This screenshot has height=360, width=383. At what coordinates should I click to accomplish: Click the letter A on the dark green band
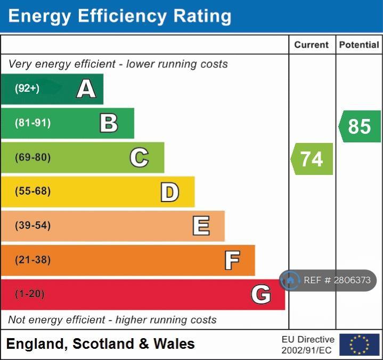[x=86, y=89]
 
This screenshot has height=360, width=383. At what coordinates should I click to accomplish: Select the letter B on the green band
[x=109, y=123]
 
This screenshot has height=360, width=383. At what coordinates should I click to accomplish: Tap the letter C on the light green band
[x=139, y=157]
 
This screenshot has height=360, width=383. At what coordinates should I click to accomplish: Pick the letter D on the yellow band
[x=169, y=192]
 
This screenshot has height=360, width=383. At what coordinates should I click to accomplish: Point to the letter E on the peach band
[x=201, y=226]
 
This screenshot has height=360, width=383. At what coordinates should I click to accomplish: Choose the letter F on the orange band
[x=232, y=260]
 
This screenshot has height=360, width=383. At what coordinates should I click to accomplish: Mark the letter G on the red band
[x=261, y=294]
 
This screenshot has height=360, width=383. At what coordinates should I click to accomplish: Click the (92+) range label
[x=27, y=89]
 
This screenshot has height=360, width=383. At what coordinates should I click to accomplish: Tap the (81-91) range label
[x=32, y=123]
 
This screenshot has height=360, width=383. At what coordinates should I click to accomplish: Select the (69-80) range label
[x=32, y=157]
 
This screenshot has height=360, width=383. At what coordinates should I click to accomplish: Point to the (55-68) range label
[x=32, y=191]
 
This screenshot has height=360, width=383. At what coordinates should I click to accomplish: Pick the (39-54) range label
[x=32, y=226]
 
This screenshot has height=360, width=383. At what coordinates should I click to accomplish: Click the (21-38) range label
[x=32, y=260]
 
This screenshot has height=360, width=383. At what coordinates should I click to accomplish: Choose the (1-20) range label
[x=30, y=294]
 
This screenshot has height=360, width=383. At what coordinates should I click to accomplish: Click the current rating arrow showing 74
[x=312, y=159]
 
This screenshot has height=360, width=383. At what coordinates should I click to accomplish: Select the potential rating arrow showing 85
[x=360, y=126]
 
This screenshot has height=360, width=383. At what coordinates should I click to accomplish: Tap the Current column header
[x=312, y=45]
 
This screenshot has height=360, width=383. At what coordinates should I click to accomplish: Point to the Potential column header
[x=359, y=45]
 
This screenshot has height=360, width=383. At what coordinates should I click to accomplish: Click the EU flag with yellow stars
[x=360, y=345]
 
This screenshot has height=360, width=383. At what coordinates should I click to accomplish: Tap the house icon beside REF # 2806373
[x=290, y=280]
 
